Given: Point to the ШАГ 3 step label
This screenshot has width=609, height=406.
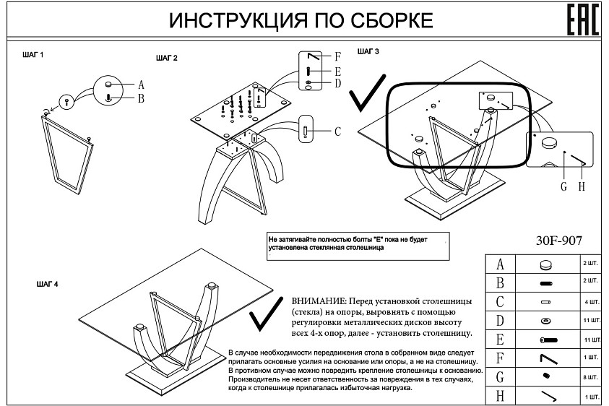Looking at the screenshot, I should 368,51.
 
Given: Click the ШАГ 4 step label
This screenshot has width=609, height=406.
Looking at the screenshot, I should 47,284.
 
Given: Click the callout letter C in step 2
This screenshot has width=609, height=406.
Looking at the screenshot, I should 337,131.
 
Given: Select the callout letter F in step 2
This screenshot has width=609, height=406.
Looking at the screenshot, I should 337,56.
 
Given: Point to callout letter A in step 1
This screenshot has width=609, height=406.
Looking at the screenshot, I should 142,85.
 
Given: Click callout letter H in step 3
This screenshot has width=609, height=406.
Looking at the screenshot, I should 580,186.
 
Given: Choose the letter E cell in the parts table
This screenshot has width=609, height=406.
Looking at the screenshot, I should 500,339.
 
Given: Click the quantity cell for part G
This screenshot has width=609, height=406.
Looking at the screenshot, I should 590,376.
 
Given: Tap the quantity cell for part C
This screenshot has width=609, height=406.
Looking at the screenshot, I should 590,301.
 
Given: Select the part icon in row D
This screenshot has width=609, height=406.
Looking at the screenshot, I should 545,320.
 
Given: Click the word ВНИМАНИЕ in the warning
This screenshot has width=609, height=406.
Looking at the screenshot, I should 317,300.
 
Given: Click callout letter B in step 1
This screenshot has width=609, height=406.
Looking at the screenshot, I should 142,98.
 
